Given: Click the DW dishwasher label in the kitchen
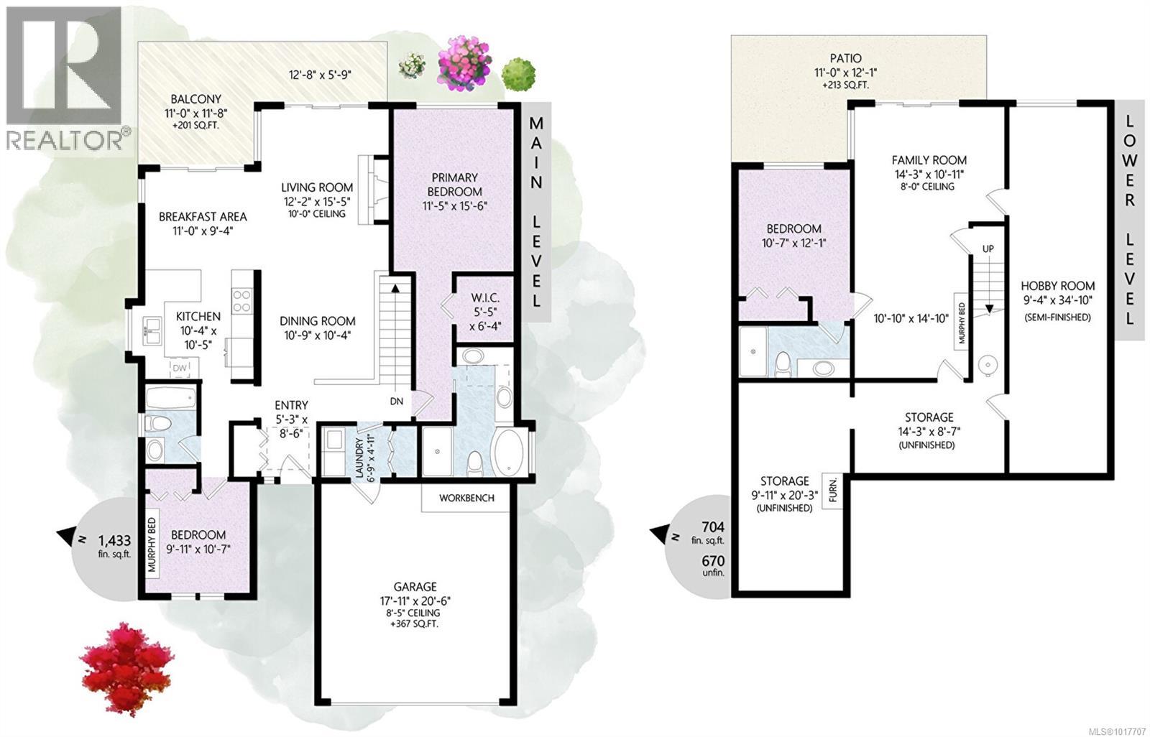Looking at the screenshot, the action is coord(180,368).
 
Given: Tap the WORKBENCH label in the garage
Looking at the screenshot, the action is coord(466,498).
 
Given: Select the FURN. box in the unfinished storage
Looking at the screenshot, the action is coord(832,490).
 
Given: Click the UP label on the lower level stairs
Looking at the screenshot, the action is coord(988,249).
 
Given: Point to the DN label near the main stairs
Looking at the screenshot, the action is coord(396,402).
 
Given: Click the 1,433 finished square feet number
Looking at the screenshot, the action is coord(114,540).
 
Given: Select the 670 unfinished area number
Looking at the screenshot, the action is coord(713,561).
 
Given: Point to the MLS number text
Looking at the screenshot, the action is coord(1120,731).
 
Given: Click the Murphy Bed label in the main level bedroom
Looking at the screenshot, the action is coord(152,544).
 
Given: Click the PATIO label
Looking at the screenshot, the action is coord(845,58).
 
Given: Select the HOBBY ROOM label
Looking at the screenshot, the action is coord(1057,286).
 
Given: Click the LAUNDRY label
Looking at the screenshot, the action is coord(359,458).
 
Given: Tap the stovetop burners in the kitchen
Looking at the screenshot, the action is coord(241,301).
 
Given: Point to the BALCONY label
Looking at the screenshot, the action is coord(196,99).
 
